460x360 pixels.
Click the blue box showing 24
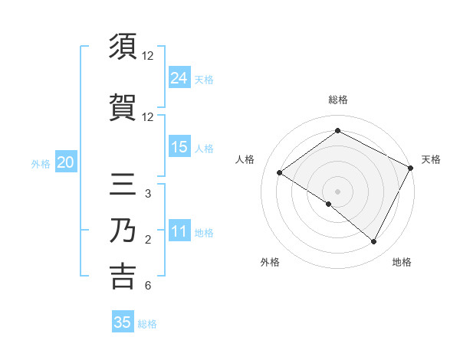179,78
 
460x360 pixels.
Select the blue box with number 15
179,147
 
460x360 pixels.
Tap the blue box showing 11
179,231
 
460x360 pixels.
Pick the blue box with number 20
66,162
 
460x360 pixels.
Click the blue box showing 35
123,322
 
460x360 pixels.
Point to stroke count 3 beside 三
147,194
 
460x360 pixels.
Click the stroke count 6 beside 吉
147,286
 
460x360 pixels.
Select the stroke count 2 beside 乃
147,241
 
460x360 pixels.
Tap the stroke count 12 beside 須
148,56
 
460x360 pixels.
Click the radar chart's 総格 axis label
337,100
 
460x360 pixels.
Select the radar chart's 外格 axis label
270,262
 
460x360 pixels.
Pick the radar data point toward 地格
374,242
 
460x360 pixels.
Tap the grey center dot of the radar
337,191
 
